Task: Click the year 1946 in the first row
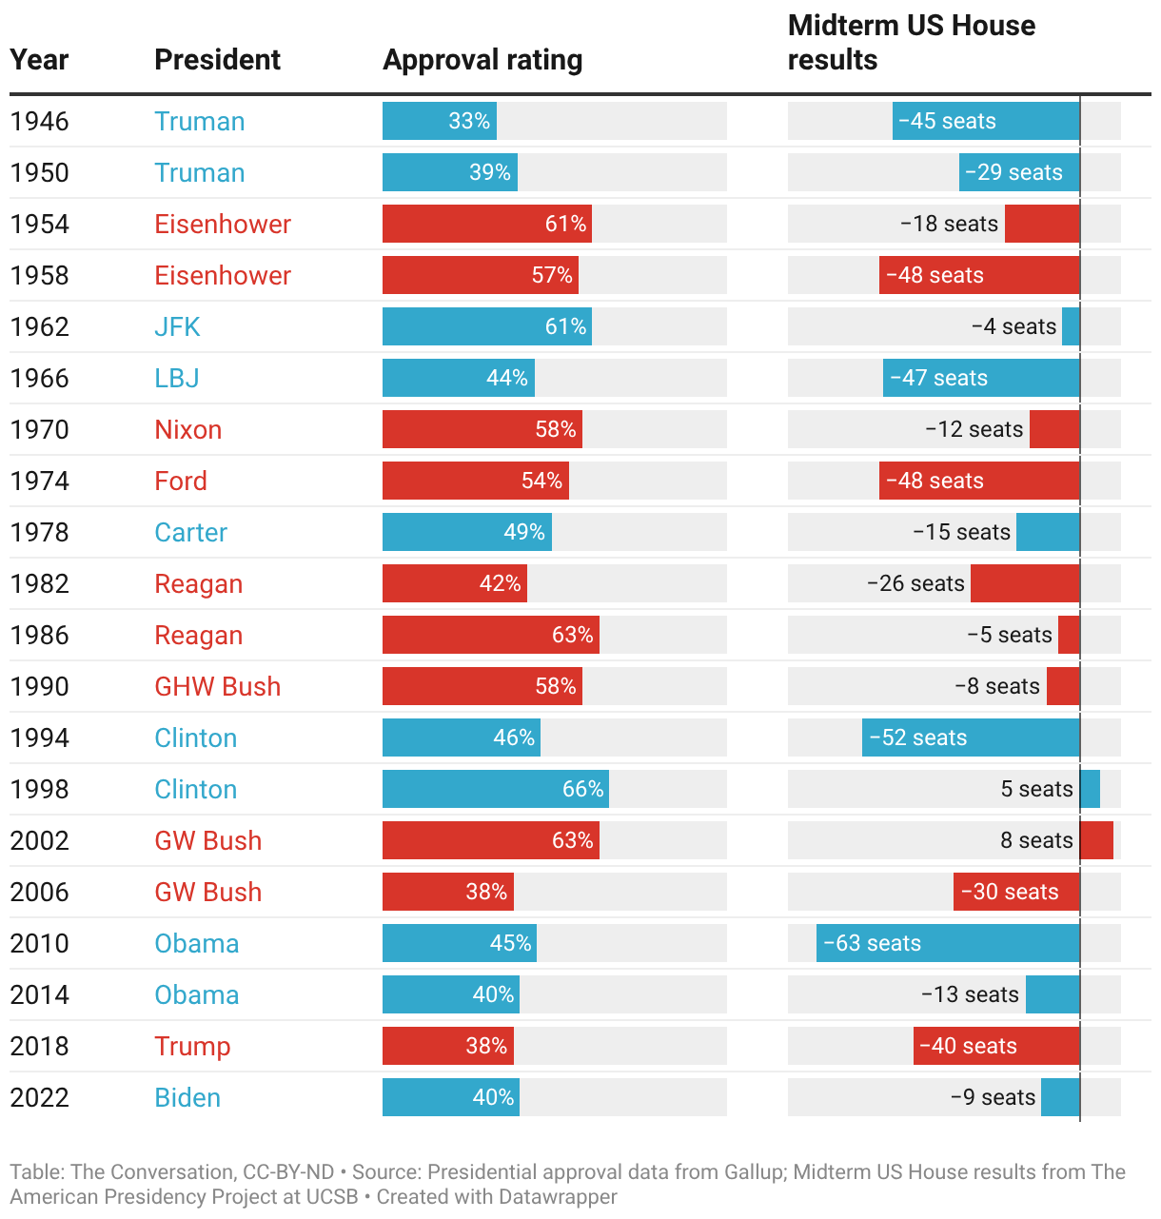[x=39, y=122]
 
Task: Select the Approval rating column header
[x=482, y=60]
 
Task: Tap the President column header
[x=217, y=60]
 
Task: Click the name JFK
[x=177, y=327]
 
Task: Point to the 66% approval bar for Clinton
[x=495, y=790]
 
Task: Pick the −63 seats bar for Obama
[x=948, y=944]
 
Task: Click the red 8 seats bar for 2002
[x=1096, y=841]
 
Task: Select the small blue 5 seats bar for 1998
[x=1090, y=790]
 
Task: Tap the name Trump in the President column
[x=192, y=1047]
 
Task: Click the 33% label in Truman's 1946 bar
[x=469, y=122]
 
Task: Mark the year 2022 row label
[x=39, y=1098]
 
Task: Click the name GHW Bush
[x=217, y=687]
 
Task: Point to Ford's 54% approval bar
[x=475, y=482]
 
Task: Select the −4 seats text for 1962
[x=1013, y=327]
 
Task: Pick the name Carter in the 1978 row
[x=190, y=533]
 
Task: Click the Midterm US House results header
[x=911, y=43]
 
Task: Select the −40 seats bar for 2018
[x=995, y=1047]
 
